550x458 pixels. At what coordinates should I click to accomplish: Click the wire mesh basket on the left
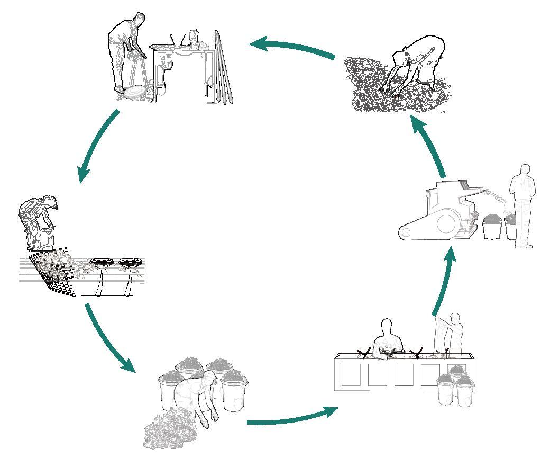tap(53, 273)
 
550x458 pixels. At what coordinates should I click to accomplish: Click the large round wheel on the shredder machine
tap(447, 224)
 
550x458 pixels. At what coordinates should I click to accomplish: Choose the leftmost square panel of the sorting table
tap(350, 374)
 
